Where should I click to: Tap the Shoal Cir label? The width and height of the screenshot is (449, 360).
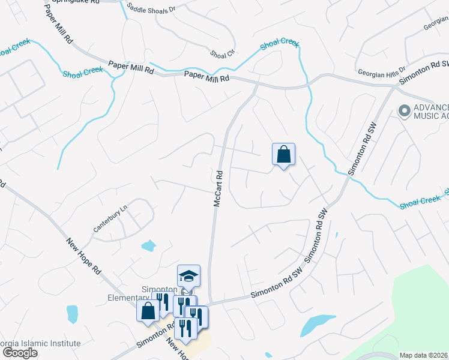[x=221, y=53]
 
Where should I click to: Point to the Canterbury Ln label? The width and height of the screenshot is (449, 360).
[x=110, y=220]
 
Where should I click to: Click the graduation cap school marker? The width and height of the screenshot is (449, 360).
[x=188, y=276]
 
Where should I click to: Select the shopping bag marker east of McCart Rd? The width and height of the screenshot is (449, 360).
[x=283, y=154]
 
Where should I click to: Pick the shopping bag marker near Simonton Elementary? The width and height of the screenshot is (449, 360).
[x=148, y=311]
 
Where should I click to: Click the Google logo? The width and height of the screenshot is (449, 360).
[x=20, y=353]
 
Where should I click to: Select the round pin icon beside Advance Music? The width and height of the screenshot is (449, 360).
[x=404, y=110]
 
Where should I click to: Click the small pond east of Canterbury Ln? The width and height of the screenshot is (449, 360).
[x=148, y=245]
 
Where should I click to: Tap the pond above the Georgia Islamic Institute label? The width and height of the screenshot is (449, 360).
[x=72, y=313]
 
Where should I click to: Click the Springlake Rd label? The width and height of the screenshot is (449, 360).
[x=74, y=2]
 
